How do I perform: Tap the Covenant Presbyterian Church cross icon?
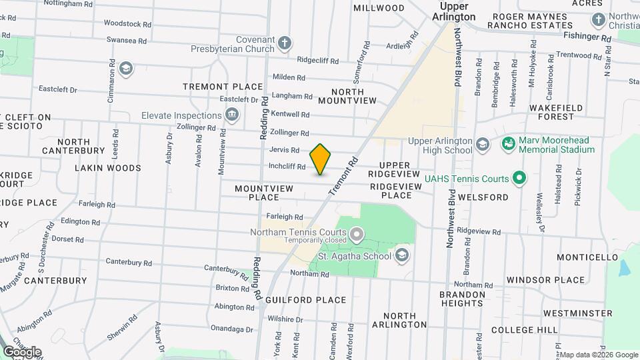coord(285,44)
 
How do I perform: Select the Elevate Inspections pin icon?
coord(232,115)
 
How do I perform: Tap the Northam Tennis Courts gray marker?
coord(357,233)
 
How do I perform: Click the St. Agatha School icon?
coord(402,255)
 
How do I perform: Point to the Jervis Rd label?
coord(285,150)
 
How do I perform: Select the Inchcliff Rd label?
coord(287,167)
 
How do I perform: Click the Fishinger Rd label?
coord(587,39)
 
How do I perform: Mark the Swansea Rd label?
coord(126,40)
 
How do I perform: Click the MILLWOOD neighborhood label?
coord(379,8)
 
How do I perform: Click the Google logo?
coord(22,351)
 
